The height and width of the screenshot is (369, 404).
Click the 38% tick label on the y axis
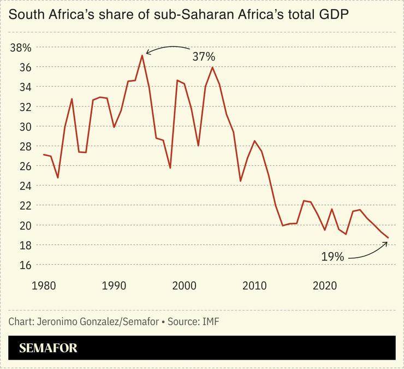21,47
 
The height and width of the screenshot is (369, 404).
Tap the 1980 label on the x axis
44,285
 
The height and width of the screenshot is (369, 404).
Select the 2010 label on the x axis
254,285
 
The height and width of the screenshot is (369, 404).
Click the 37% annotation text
204,57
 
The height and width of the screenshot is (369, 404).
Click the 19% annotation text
332,256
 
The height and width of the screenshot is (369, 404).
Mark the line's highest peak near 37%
142,55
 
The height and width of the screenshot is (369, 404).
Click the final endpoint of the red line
388,238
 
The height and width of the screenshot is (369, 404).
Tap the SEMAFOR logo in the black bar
49,348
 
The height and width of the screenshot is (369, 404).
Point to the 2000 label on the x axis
184,285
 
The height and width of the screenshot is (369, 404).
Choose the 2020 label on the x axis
325,285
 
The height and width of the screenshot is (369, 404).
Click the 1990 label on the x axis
114,285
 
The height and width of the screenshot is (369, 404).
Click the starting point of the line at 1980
44,154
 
